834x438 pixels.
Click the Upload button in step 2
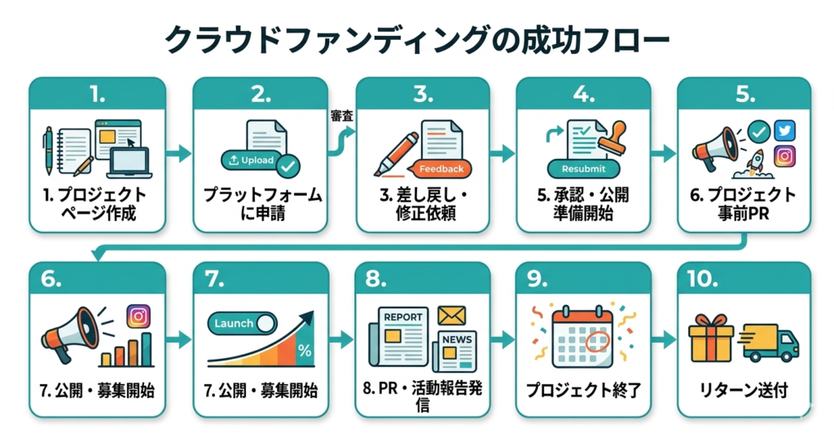click(252, 160)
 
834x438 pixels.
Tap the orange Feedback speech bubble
click(441, 169)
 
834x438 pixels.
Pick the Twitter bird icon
click(784, 131)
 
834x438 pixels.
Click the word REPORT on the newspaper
click(403, 316)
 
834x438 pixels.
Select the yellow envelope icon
click(452, 314)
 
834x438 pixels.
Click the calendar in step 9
click(582, 336)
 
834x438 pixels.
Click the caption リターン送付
click(744, 390)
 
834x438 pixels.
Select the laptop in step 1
click(129, 161)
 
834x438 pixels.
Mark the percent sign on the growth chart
click(305, 351)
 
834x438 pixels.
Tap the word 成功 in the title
click(536, 41)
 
